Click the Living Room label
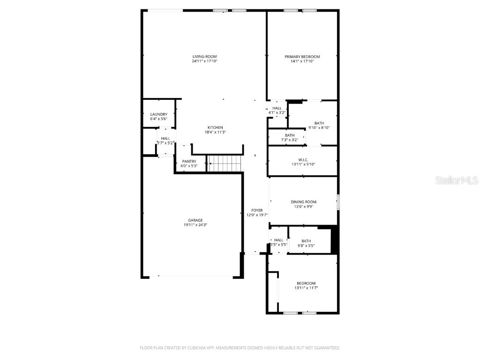click(x=204, y=57)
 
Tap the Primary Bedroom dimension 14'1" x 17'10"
click(x=302, y=61)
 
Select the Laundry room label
click(x=158, y=114)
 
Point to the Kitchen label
click(x=215, y=127)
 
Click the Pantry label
click(x=189, y=161)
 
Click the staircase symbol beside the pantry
click(x=225, y=164)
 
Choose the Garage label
click(x=195, y=220)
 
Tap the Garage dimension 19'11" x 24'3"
click(x=195, y=225)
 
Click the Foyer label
click(x=257, y=210)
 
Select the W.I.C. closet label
click(x=303, y=159)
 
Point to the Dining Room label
click(x=303, y=202)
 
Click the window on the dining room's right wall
click(x=337, y=202)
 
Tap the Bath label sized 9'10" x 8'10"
click(x=319, y=123)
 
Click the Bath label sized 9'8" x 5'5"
click(x=306, y=241)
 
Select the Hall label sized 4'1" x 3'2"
click(x=277, y=108)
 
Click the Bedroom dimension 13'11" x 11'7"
click(x=306, y=288)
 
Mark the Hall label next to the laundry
click(x=165, y=138)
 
